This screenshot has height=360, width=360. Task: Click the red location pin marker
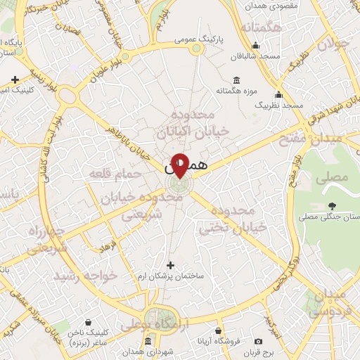coord(180,165)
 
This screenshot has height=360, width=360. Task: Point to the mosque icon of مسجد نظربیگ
coord(279,95)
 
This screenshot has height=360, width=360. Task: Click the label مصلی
coord(331,178)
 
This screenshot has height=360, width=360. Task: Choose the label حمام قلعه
coord(115,173)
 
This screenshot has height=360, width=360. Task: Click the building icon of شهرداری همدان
coord(147,341)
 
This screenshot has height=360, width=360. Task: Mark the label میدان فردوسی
coord(330,301)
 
